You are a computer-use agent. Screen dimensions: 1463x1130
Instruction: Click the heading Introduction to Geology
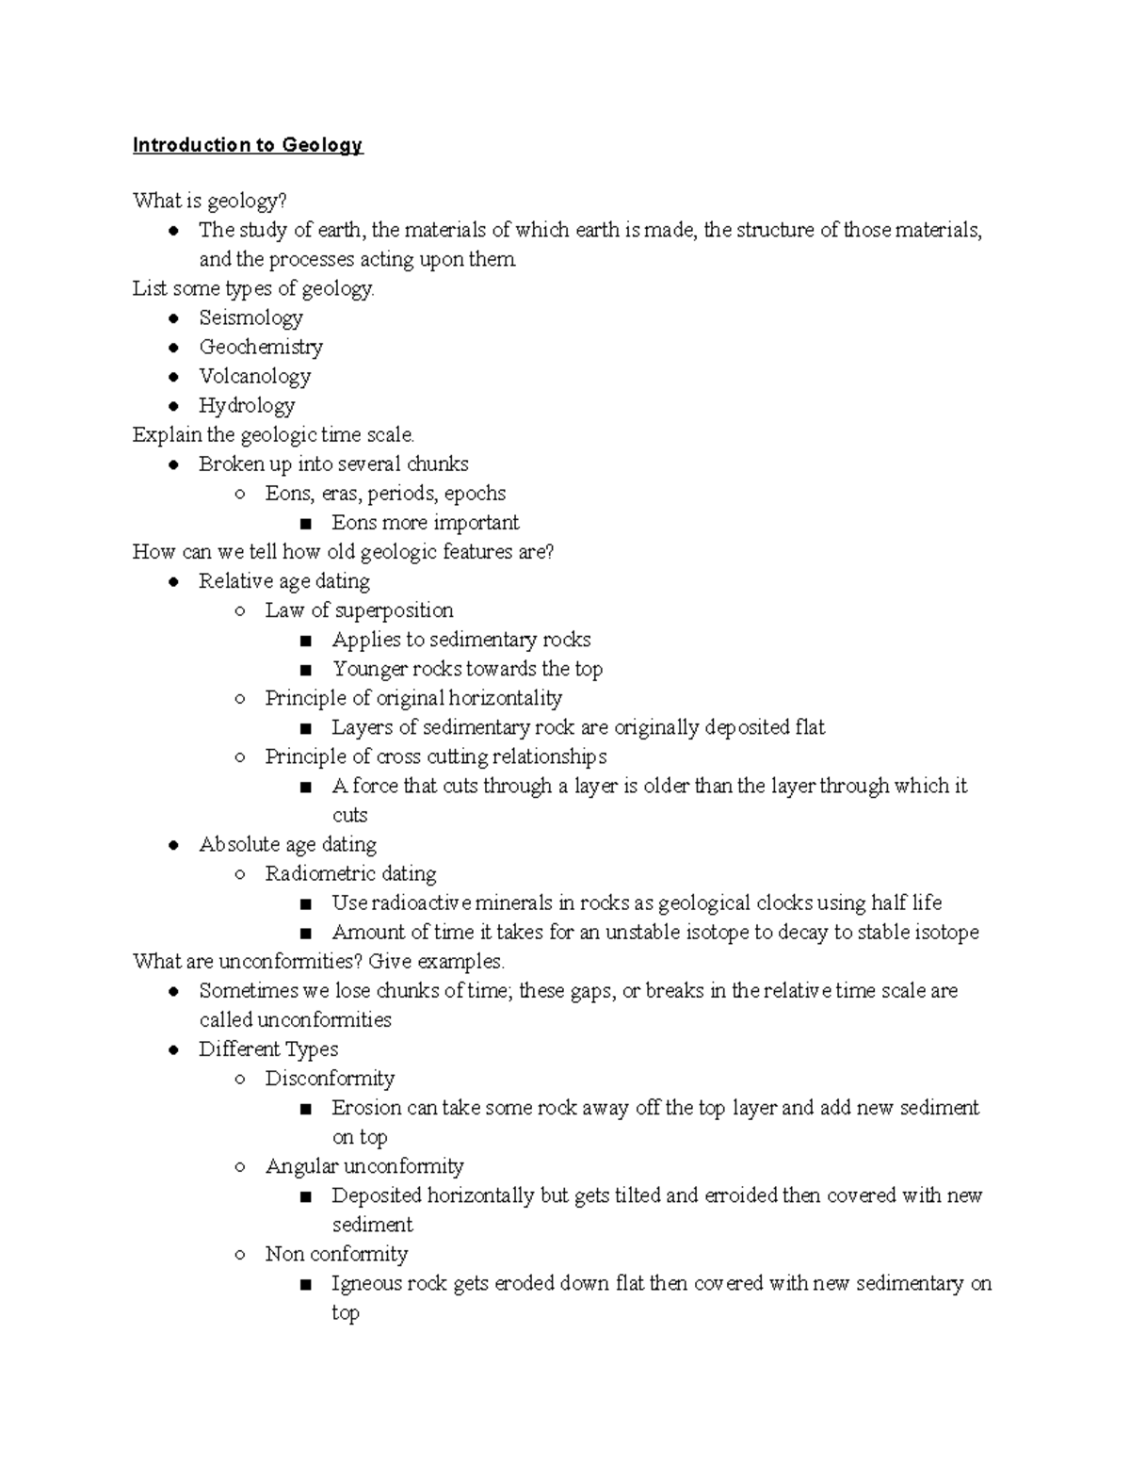click(248, 145)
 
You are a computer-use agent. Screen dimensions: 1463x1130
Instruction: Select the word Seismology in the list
click(250, 318)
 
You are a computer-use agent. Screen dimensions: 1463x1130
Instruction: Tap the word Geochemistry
click(261, 348)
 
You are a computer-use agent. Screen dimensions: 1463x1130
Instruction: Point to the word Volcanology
click(254, 377)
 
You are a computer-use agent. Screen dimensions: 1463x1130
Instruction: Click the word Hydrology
click(247, 406)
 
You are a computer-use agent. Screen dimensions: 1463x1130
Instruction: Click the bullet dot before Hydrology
click(173, 406)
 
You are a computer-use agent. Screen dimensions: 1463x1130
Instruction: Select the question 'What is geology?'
click(210, 201)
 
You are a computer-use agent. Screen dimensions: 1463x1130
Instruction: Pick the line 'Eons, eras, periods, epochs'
click(385, 494)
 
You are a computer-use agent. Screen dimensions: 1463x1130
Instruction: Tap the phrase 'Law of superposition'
click(359, 610)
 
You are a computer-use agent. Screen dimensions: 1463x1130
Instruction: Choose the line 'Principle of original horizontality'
click(413, 698)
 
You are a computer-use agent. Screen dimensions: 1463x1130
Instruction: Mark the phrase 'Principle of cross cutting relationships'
click(435, 756)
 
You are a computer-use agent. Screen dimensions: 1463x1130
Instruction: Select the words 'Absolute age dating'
click(287, 845)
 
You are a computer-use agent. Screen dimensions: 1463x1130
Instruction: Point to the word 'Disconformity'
click(330, 1079)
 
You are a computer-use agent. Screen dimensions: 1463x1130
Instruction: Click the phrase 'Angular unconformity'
click(364, 1166)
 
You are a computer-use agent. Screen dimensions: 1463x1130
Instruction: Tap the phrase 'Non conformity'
click(336, 1254)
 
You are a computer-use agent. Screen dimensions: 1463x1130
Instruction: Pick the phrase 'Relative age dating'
click(284, 581)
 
